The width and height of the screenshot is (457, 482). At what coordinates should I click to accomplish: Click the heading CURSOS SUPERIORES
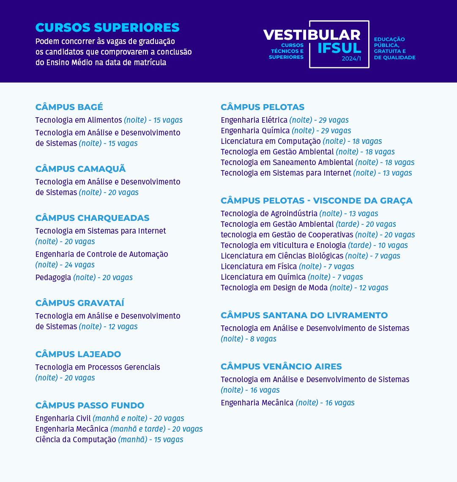[x=107, y=28]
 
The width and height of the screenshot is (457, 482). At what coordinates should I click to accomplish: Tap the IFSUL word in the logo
[x=339, y=48]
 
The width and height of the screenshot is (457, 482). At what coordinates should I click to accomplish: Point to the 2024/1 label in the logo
[x=351, y=59]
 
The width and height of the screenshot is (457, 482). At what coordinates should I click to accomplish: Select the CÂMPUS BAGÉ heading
[x=69, y=107]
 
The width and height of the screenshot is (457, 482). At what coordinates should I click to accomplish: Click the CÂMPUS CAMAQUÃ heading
[x=80, y=169]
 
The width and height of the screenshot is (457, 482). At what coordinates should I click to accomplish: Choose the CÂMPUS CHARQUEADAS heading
[x=92, y=218]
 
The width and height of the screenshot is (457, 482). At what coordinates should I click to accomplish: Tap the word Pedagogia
[x=53, y=278]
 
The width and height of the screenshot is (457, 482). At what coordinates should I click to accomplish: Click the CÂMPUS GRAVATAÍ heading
[x=79, y=303]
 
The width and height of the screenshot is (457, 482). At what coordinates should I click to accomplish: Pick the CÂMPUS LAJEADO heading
[x=78, y=354]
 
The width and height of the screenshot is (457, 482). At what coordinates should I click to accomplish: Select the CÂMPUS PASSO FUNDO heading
[x=90, y=405]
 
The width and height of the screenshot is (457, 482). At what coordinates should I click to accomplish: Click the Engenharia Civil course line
[x=109, y=419]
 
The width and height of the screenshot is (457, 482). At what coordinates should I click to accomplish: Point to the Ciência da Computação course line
[x=109, y=440]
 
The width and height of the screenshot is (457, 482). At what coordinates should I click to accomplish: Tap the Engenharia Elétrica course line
[x=285, y=120]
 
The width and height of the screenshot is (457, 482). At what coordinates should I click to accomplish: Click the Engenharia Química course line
[x=286, y=131]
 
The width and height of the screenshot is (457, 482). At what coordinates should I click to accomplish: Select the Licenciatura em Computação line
[x=301, y=141]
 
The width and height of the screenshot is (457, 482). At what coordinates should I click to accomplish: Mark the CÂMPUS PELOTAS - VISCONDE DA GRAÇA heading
[x=316, y=201]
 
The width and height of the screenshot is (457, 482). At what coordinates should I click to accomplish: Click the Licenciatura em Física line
[x=287, y=267]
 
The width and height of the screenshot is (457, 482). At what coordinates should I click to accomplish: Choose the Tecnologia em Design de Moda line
[x=304, y=288]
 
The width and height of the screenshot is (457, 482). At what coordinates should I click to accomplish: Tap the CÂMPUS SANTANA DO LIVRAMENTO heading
[x=304, y=315]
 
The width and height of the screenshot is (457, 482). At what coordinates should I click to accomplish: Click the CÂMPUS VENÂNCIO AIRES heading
[x=281, y=366]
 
